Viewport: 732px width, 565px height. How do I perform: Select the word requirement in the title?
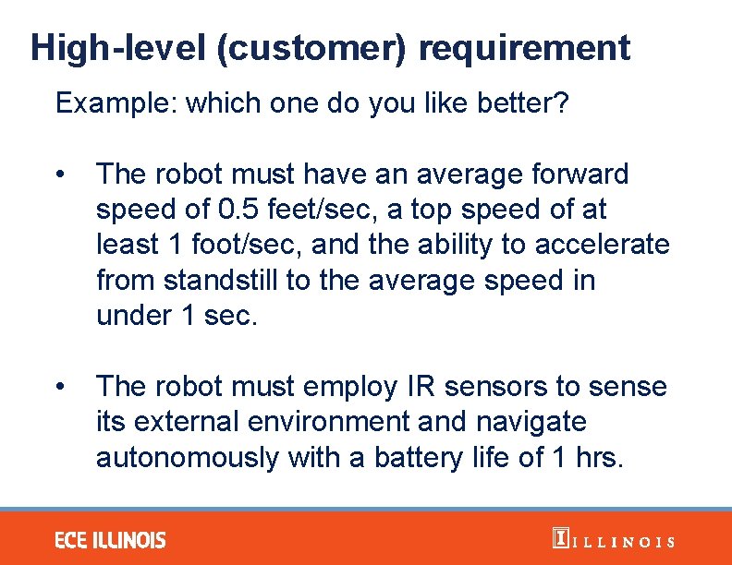(x=524, y=47)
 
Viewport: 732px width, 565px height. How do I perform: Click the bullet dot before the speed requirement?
(x=59, y=174)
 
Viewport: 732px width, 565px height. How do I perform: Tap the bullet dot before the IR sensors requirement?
(x=59, y=387)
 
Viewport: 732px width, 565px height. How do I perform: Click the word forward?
(x=570, y=174)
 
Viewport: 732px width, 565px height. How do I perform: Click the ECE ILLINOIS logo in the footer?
(x=110, y=540)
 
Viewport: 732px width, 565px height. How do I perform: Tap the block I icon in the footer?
(x=558, y=539)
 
